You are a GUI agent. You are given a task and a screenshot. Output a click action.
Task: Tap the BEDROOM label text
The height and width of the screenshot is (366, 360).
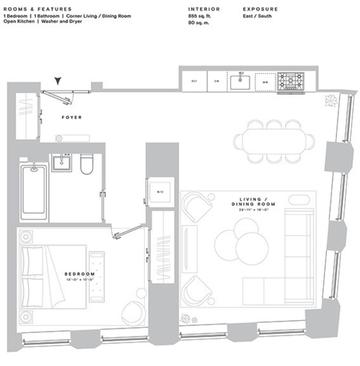pos(79,274)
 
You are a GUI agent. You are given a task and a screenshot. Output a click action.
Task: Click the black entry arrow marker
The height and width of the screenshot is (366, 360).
pos(57,81)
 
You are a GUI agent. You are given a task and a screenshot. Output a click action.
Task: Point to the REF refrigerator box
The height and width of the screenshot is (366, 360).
pos(194,81)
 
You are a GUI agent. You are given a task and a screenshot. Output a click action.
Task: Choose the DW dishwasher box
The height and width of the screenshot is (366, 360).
pos(217,81)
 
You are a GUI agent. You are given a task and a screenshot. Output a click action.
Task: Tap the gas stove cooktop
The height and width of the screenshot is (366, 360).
pos(290,81)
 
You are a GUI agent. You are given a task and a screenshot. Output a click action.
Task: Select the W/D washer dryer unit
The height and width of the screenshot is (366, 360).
pos(160,192)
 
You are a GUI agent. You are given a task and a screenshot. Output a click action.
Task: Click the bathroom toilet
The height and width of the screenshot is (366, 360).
pos(87,164)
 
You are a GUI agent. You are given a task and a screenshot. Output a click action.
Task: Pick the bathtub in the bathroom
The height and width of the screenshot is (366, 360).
pos(34,193)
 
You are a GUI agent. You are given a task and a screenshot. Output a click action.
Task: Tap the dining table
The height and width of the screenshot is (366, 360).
pos(274,142)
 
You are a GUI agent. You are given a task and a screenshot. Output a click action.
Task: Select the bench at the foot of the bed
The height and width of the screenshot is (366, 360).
pos(97,276)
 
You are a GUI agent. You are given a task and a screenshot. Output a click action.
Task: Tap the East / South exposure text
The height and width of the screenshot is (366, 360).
pos(257,16)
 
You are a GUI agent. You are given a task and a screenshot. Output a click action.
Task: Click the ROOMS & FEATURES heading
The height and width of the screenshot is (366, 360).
pos(37,9)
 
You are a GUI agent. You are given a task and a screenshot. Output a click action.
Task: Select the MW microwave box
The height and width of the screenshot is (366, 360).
pos(265,82)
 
